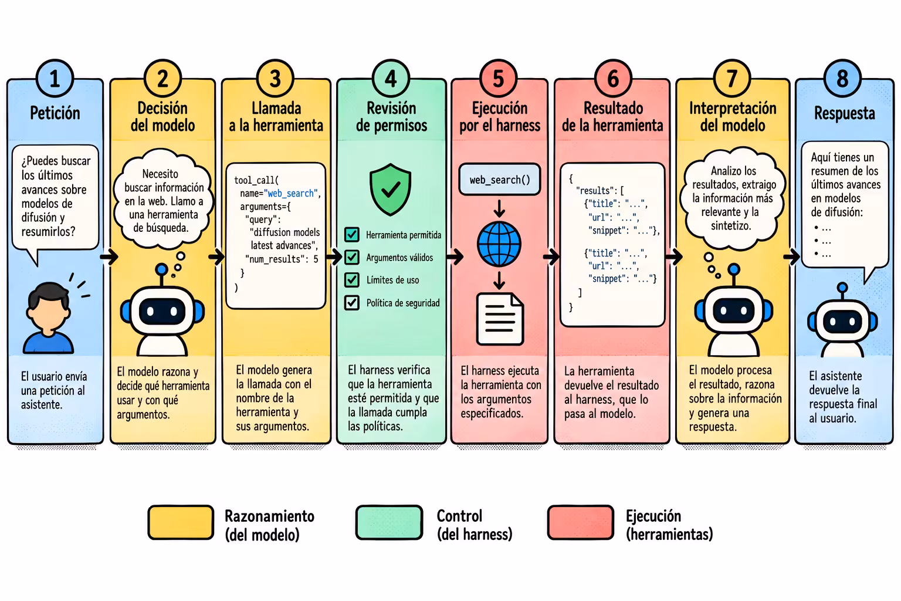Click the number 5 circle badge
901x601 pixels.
pyautogui.click(x=498, y=79)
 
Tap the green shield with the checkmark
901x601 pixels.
pyautogui.click(x=390, y=189)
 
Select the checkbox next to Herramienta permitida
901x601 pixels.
pyautogui.click(x=352, y=234)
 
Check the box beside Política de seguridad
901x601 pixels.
pyautogui.click(x=352, y=302)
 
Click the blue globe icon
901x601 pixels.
pyautogui.click(x=499, y=244)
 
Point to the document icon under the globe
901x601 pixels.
pyautogui.click(x=500, y=319)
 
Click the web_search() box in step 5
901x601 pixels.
pyautogui.click(x=500, y=180)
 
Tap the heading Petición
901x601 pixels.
pyautogui.click(x=55, y=113)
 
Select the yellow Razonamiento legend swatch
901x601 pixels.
pyautogui.click(x=181, y=522)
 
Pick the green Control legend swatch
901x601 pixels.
pyautogui.click(x=389, y=522)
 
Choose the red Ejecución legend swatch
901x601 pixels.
pyautogui.click(x=580, y=522)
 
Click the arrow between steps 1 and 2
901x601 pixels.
pyautogui.click(x=109, y=256)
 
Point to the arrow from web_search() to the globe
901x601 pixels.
pyautogui.click(x=499, y=208)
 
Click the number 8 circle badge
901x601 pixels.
pyautogui.click(x=842, y=79)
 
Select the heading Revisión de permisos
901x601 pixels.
pyautogui.click(x=391, y=117)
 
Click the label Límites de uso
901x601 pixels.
pyautogui.click(x=392, y=280)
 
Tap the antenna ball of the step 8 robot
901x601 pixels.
pyautogui.click(x=842, y=288)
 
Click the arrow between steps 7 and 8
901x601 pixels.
pyautogui.click(x=792, y=256)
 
